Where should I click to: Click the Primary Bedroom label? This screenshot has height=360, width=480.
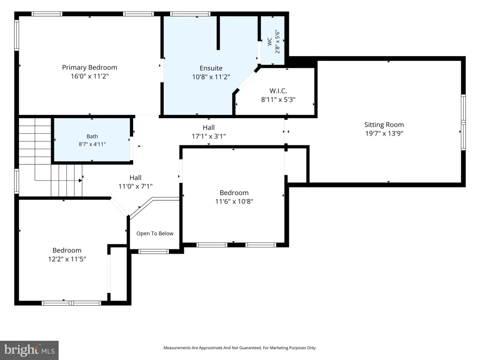[90, 67]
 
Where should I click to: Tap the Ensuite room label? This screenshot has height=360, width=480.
[211, 68]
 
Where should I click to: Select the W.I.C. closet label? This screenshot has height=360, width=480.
[278, 91]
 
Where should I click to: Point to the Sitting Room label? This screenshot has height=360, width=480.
[384, 125]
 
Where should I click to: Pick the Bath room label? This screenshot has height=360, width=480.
[92, 136]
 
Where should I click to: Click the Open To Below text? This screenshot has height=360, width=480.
[155, 233]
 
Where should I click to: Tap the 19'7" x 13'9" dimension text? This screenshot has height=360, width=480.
[384, 134]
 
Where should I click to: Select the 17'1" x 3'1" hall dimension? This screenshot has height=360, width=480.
[209, 136]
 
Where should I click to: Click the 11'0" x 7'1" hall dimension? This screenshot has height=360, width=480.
[135, 186]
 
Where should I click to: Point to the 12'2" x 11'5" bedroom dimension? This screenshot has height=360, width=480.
[67, 259]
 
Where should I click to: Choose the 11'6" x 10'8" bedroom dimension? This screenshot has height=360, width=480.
[234, 202]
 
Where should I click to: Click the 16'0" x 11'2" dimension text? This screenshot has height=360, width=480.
[90, 76]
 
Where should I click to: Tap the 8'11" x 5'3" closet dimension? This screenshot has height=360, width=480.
[278, 99]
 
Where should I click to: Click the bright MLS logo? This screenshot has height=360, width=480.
[30, 350]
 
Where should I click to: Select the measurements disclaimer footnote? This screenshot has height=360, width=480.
[240, 348]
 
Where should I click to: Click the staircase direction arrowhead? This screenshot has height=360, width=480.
[80, 180]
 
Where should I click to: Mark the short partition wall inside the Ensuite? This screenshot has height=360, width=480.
[218, 33]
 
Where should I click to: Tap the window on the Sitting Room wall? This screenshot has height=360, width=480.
[463, 122]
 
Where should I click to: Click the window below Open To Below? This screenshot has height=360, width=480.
[153, 252]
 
